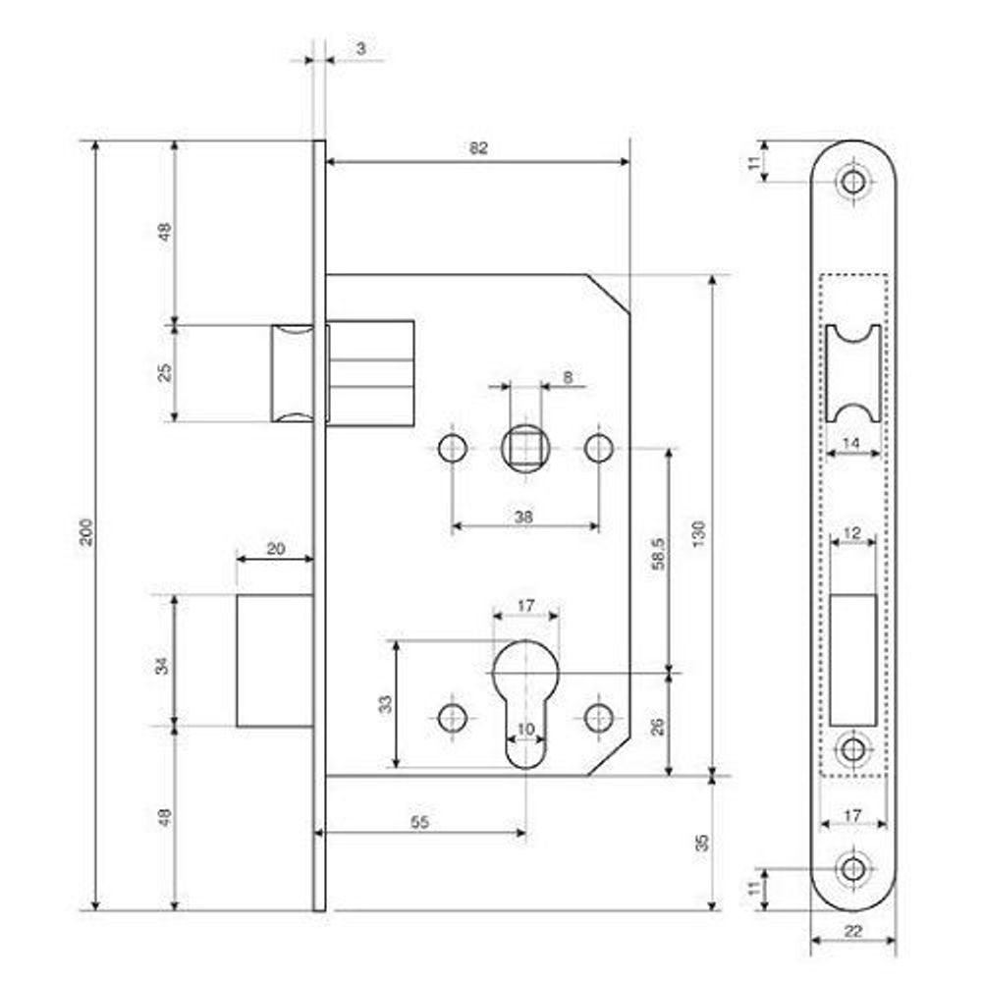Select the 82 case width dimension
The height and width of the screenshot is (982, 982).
point(478,149)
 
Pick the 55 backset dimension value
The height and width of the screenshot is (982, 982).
point(419,823)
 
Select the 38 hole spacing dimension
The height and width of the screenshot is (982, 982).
point(523,517)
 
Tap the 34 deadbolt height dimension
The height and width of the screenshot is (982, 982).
point(162,665)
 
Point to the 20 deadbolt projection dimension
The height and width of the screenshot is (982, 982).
point(275,550)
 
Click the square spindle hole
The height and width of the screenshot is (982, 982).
point(524,449)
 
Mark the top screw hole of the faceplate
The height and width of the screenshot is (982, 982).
point(852,182)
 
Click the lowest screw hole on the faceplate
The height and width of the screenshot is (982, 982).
point(852,868)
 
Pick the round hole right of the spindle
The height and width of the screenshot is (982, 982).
point(598,449)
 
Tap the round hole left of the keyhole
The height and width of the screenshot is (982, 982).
point(452,717)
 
